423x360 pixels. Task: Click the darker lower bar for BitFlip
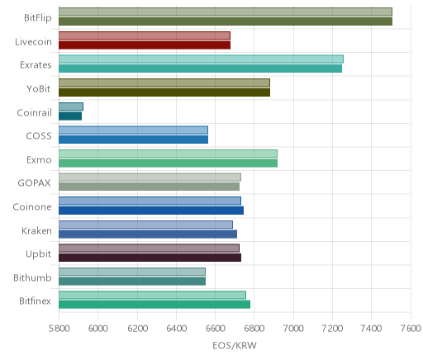click(x=226, y=21)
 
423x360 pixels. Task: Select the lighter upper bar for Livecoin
click(x=145, y=36)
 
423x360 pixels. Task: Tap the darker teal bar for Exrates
click(x=200, y=69)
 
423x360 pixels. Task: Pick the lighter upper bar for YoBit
click(x=164, y=83)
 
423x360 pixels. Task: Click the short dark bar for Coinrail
click(x=70, y=116)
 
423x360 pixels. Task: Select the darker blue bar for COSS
click(x=133, y=140)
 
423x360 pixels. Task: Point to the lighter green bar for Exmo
click(x=168, y=154)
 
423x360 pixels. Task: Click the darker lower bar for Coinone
click(x=151, y=211)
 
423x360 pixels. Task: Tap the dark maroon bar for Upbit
click(x=150, y=258)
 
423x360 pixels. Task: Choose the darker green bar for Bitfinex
click(x=154, y=305)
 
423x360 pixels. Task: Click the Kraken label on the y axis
click(x=36, y=230)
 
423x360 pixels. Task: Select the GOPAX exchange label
click(x=35, y=183)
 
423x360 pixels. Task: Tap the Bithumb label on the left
click(x=32, y=277)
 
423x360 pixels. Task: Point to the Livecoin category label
click(x=33, y=41)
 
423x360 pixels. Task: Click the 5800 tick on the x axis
click(x=59, y=329)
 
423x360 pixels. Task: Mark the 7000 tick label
click(x=293, y=329)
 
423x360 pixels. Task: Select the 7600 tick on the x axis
click(x=411, y=329)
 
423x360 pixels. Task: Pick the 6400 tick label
click(x=176, y=329)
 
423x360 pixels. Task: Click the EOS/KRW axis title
click(x=235, y=345)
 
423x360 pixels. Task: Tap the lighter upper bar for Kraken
click(x=145, y=225)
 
